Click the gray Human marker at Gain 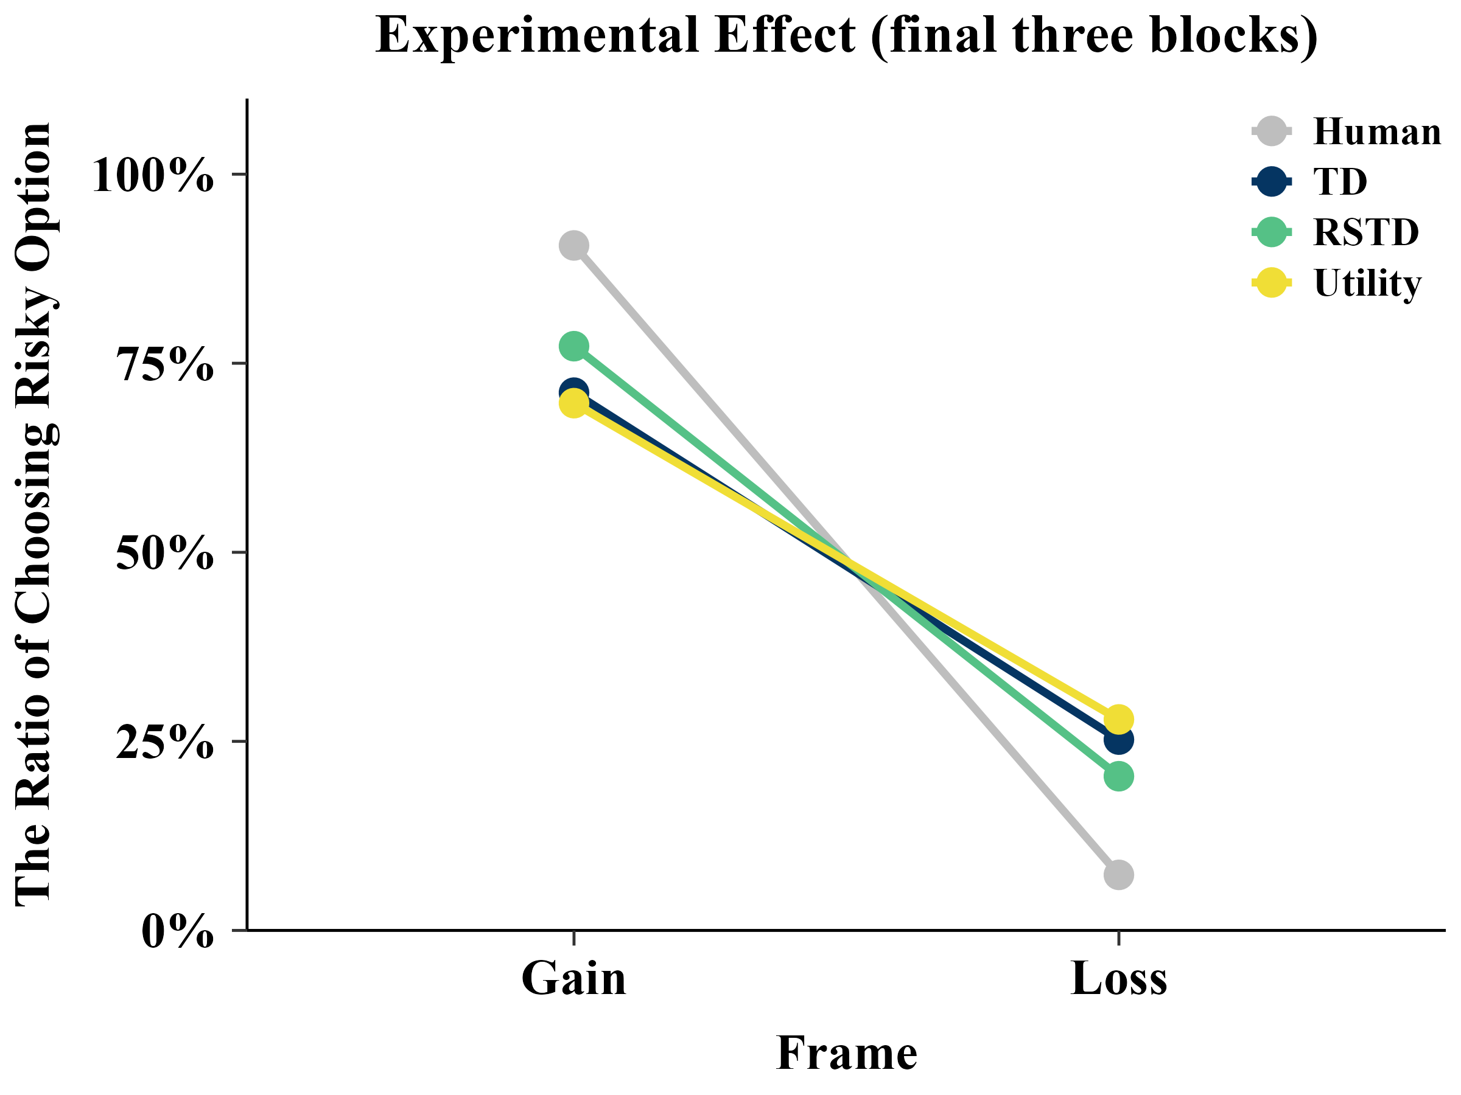pyautogui.click(x=573, y=246)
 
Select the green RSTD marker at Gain pyautogui.click(x=573, y=346)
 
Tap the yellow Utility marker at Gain pyautogui.click(x=573, y=403)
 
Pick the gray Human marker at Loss pyautogui.click(x=1118, y=875)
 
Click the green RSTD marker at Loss pyautogui.click(x=1118, y=776)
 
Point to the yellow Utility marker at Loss pyautogui.click(x=1118, y=719)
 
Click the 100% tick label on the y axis pyautogui.click(x=153, y=175)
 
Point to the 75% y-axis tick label pyautogui.click(x=165, y=364)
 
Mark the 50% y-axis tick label pyautogui.click(x=165, y=553)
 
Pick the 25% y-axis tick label pyautogui.click(x=165, y=743)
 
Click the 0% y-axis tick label pyautogui.click(x=178, y=932)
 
